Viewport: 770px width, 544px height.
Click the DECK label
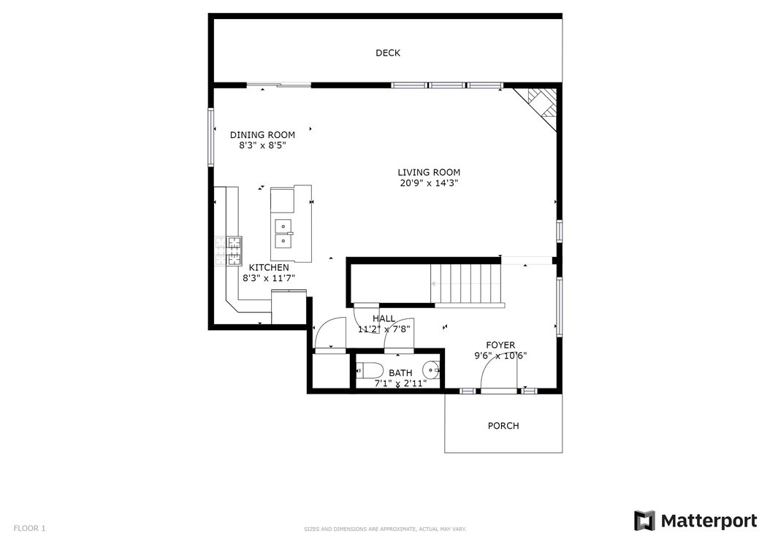tap(388, 53)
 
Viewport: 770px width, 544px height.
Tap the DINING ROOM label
tap(263, 135)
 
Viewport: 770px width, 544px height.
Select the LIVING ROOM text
tap(429, 172)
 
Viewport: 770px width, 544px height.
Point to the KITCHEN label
tap(269, 267)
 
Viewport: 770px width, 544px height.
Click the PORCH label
tap(503, 426)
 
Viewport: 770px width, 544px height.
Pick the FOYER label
tap(501, 345)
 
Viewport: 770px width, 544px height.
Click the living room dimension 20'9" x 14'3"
tap(429, 183)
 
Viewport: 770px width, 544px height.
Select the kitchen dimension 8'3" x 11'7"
tap(269, 278)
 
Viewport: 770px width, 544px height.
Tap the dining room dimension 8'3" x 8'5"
tap(263, 146)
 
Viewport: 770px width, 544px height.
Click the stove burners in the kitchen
tap(229, 251)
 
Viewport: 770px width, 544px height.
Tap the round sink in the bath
tap(432, 369)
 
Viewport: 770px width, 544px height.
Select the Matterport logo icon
tap(644, 521)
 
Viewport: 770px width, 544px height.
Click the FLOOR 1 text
tap(29, 528)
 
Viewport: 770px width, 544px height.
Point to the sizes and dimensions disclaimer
tap(385, 529)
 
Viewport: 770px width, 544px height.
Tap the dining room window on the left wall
tap(211, 137)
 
